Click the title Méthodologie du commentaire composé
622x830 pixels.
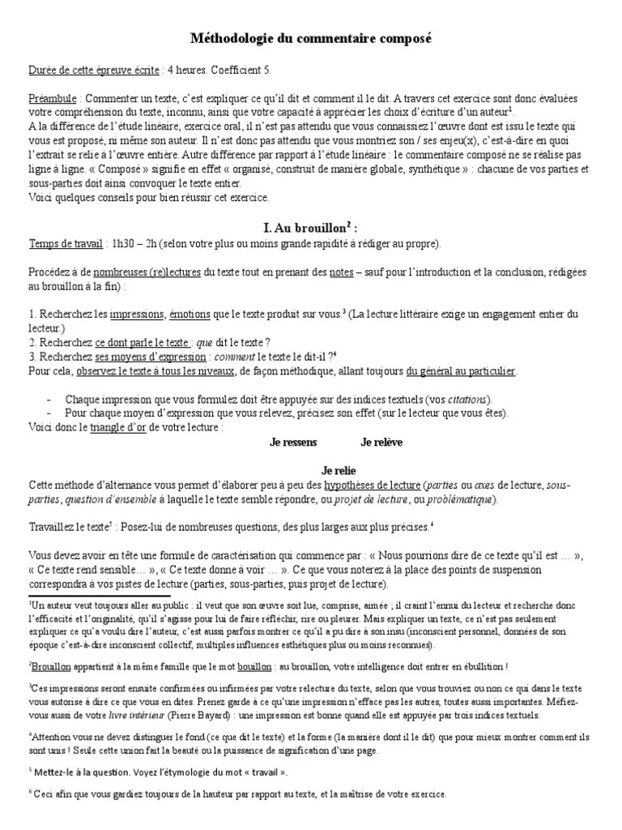pyautogui.click(x=311, y=38)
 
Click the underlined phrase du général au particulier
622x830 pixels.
pyautogui.click(x=461, y=370)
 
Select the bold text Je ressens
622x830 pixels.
pyautogui.click(x=293, y=443)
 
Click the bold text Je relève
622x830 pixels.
pyautogui.click(x=381, y=443)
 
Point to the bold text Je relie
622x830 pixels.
pyautogui.click(x=339, y=470)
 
